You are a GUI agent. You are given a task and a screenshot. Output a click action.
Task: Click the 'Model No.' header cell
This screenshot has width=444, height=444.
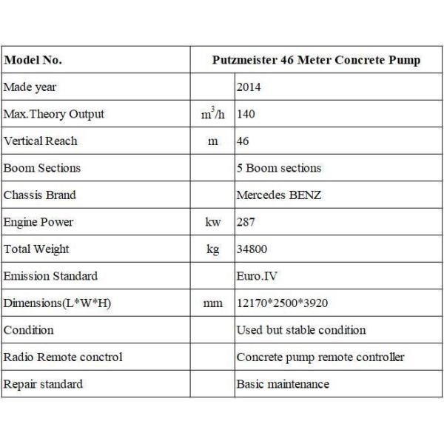(33, 60)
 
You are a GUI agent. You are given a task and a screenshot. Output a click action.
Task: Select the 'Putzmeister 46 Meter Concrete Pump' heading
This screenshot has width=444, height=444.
(315, 60)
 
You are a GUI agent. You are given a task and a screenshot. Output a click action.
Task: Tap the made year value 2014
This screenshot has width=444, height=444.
(249, 87)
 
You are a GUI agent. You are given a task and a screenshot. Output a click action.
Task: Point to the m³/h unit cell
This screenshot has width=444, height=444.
(213, 114)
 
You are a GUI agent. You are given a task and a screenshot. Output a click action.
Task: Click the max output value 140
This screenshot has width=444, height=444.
(246, 114)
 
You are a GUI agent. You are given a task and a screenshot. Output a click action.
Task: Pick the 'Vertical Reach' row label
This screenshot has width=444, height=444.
(41, 141)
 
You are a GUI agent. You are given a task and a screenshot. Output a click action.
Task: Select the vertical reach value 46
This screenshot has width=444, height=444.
(243, 141)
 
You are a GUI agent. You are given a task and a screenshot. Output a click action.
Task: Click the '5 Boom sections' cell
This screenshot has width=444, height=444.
(279, 168)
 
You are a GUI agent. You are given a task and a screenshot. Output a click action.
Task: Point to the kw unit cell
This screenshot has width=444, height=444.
(213, 222)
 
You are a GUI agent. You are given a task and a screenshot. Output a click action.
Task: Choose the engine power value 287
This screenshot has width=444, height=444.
(246, 222)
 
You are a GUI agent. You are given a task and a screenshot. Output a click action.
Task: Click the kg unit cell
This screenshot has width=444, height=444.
(213, 249)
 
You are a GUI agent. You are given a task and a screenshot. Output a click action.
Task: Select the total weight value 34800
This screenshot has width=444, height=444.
(252, 249)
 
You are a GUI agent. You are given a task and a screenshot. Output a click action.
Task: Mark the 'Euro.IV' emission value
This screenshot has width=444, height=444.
(256, 276)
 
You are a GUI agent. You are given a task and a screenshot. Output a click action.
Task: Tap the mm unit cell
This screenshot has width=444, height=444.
(213, 303)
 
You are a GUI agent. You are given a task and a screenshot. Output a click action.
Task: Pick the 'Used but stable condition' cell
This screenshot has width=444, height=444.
(301, 330)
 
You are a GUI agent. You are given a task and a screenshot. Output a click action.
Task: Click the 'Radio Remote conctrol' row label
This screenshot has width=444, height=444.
(64, 357)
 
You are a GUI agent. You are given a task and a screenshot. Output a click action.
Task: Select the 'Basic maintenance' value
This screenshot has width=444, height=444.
(283, 384)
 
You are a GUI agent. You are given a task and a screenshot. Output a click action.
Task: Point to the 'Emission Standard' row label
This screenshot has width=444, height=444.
(50, 276)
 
